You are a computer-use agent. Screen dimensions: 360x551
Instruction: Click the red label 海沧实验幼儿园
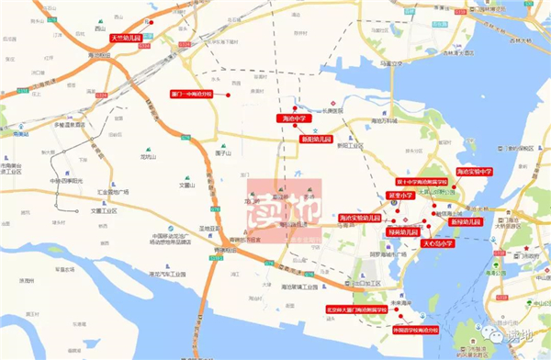[359, 217]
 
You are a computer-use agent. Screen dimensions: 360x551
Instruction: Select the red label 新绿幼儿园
[466, 222]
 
